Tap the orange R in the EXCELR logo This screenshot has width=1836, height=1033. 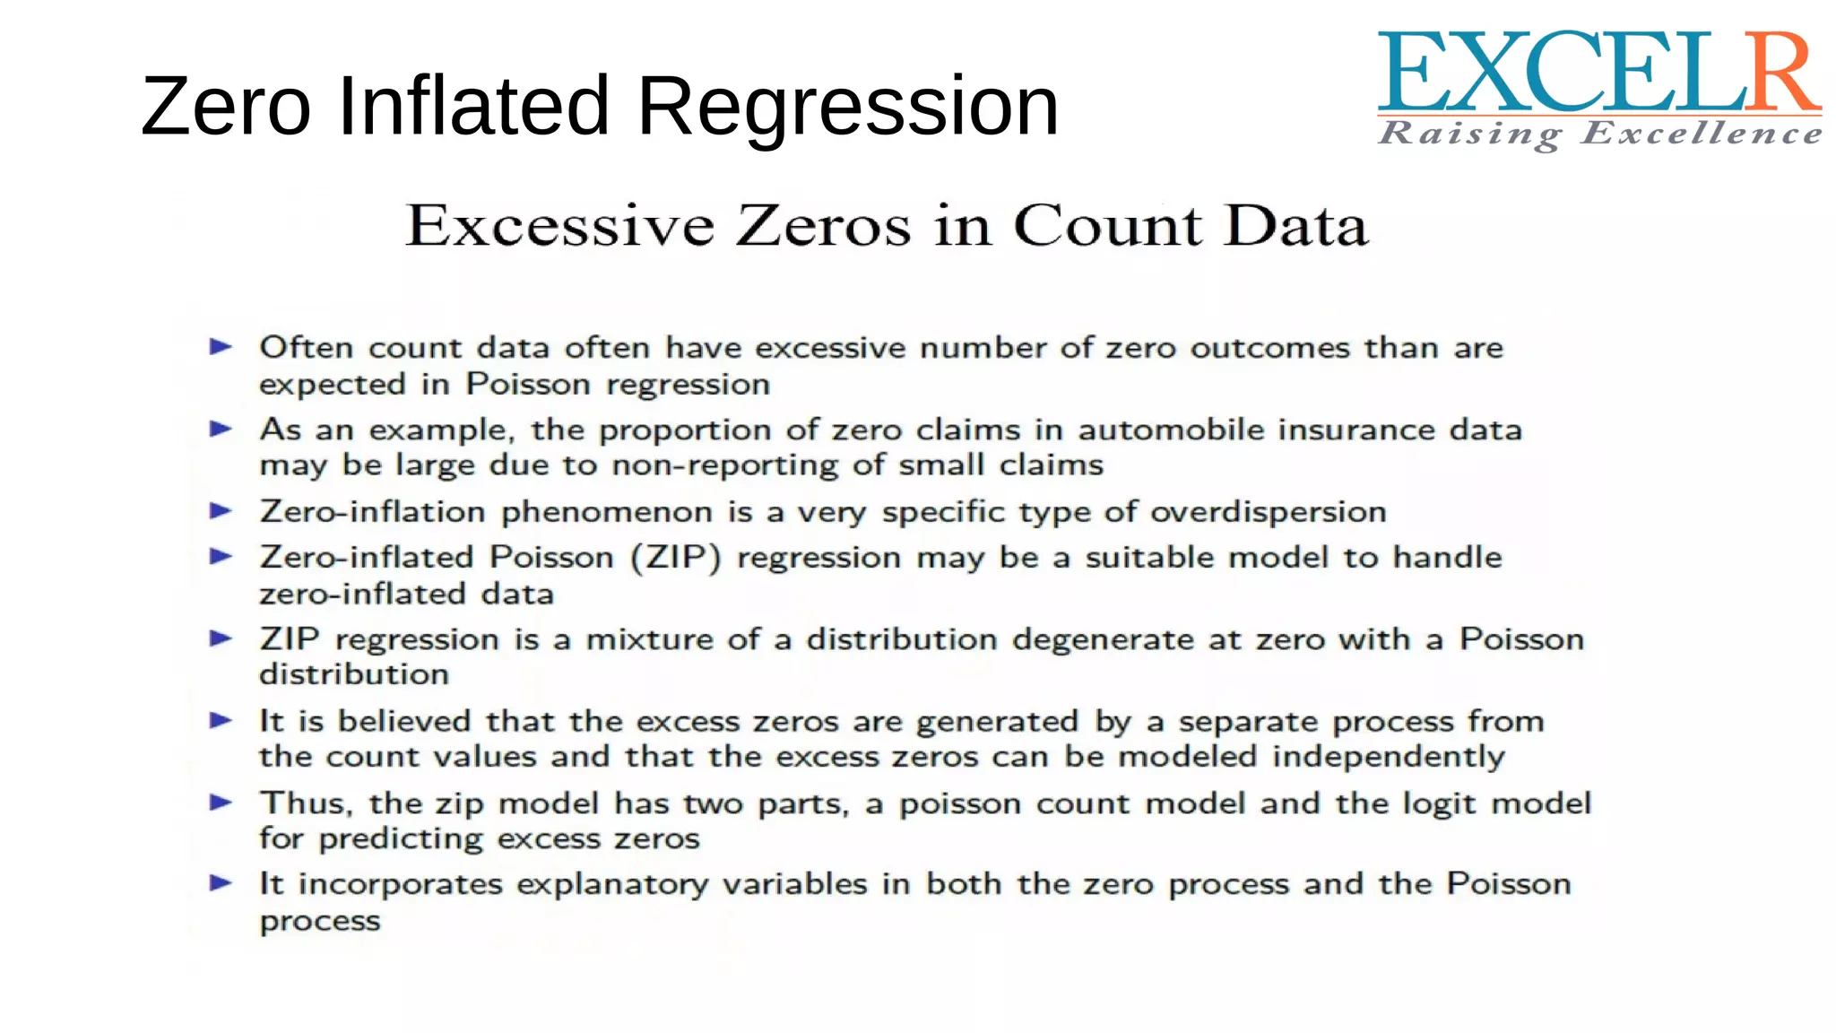tap(1783, 74)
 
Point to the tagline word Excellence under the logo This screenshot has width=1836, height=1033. tap(1702, 135)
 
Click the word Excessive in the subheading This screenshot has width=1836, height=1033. tap(560, 225)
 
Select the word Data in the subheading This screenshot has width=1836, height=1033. tap(1296, 225)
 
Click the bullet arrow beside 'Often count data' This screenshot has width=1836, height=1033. tap(221, 347)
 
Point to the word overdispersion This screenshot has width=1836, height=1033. tap(1269, 512)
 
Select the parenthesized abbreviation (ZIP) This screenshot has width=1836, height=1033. tap(676, 557)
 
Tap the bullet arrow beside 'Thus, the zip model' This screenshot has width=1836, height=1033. tap(221, 803)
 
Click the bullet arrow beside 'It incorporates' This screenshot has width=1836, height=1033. tap(221, 884)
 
